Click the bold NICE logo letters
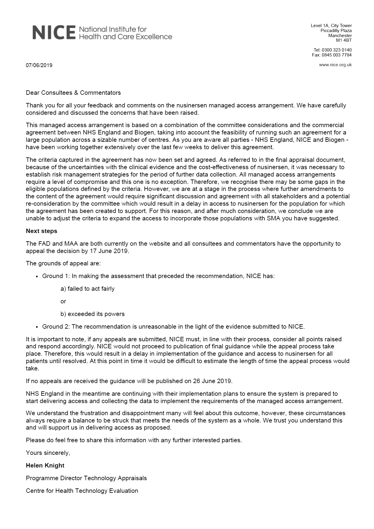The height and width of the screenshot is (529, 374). click(54, 33)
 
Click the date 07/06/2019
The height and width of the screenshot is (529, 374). click(39, 65)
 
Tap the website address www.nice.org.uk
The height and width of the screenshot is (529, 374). click(335, 65)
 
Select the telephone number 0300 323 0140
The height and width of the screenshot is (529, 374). click(337, 50)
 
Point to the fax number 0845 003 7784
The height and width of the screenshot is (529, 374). click(337, 55)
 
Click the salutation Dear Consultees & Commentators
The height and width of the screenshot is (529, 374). click(73, 93)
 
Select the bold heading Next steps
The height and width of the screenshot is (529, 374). click(42, 231)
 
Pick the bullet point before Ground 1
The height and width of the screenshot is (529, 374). click(37, 277)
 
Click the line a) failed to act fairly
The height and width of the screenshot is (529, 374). click(87, 289)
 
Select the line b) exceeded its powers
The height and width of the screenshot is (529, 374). click(92, 314)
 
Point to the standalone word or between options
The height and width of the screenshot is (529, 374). click(63, 301)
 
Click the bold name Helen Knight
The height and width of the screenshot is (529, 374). click(45, 465)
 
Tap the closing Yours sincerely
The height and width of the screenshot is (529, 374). click(48, 453)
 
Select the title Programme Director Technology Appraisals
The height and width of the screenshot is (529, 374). click(86, 478)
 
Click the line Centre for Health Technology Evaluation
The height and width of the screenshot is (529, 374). click(82, 491)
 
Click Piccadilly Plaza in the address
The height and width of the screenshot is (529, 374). click(336, 31)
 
